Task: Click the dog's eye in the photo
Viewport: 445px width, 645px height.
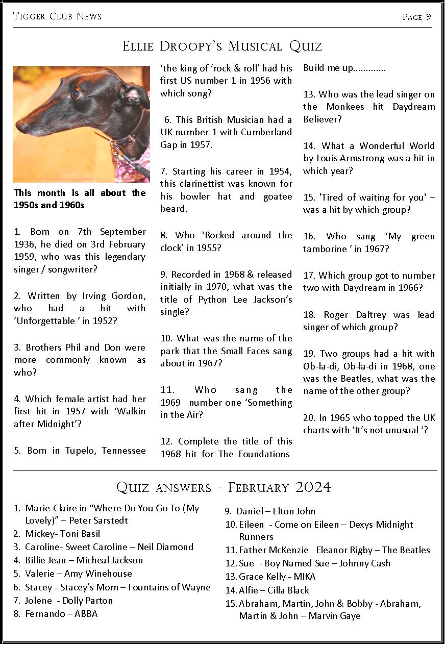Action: click(x=76, y=94)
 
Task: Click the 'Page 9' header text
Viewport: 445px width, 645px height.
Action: click(x=416, y=17)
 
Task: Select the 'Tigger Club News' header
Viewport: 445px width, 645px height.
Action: click(x=57, y=16)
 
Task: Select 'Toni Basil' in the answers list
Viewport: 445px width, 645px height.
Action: click(x=80, y=534)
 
